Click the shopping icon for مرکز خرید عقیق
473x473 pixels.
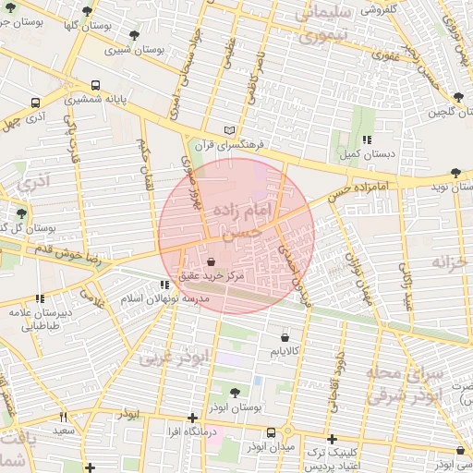coord(213,261)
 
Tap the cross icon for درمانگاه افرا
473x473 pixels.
coord(192,418)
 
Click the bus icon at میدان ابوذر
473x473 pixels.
coord(271,432)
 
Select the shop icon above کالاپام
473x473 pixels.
coord(284,338)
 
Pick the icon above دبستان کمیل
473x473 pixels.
coord(367,139)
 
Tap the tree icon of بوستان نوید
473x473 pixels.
coord(455,173)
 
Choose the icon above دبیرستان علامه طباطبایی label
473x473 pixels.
coord(40,297)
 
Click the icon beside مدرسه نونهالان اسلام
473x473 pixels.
coord(164,285)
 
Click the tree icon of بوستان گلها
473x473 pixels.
coord(87,12)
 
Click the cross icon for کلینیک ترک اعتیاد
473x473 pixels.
coord(332,439)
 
